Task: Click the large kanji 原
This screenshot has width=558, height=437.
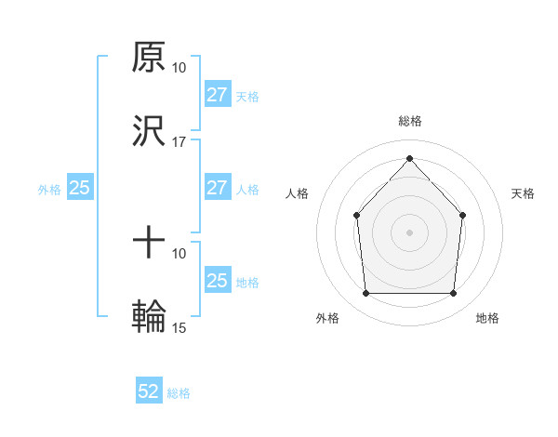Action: point(149,58)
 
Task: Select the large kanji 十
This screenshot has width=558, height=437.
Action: point(149,244)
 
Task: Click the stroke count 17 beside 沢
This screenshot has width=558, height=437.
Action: point(179,142)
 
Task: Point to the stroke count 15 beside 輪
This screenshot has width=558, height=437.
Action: point(179,327)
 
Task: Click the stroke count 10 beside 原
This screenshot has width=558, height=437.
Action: point(179,68)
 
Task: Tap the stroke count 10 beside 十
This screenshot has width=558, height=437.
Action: point(179,253)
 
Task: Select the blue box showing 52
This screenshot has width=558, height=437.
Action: point(149,391)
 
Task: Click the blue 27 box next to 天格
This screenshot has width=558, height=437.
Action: point(217,95)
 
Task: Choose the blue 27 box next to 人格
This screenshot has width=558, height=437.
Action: point(217,188)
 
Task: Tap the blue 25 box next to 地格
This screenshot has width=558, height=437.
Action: point(217,281)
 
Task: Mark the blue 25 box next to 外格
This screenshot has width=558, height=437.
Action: point(80,188)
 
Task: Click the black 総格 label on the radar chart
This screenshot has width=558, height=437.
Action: point(409,121)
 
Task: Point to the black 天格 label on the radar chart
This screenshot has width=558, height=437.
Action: point(524,193)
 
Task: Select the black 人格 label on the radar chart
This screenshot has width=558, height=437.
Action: point(297,193)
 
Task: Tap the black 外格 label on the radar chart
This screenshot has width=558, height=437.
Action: point(327,319)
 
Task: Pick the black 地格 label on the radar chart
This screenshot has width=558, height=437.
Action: point(487,319)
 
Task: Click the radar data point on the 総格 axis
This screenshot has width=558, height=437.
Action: point(409,158)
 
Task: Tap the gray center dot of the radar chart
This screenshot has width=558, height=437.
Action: point(409,232)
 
